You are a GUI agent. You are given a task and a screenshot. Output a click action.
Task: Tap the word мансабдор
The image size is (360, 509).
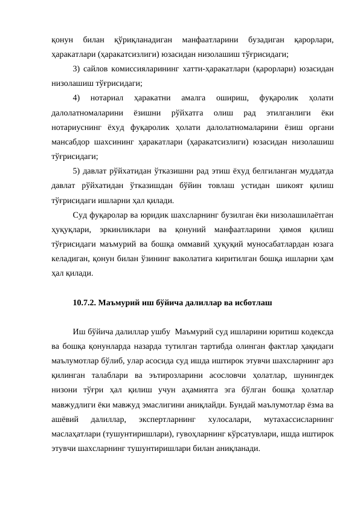point(72,143)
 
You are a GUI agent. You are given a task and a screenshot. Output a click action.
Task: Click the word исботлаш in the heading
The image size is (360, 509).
point(255,302)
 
